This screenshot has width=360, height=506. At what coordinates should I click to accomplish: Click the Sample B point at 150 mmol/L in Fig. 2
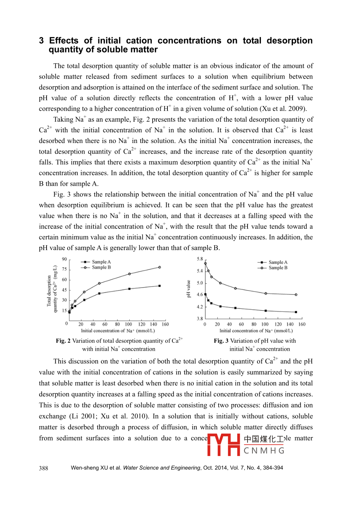159,267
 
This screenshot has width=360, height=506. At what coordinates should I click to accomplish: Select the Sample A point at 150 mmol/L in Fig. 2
159,286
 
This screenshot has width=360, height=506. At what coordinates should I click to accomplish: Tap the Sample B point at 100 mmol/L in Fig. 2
129,274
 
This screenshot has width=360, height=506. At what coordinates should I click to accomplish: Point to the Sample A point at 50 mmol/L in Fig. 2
99,293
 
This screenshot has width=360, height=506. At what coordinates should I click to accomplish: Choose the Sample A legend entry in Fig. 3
273,262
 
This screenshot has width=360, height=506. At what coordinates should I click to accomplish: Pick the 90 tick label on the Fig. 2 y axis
64,259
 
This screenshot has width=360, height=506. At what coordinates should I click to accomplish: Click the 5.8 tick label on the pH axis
200,259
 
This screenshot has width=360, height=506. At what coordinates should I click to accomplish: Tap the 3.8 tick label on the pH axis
200,318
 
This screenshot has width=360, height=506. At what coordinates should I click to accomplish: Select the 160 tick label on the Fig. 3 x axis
302,324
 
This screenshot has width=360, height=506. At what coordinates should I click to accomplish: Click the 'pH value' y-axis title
188,289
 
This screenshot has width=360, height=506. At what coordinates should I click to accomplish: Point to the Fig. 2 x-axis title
118,331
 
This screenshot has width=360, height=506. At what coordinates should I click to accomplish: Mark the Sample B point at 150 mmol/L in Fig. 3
296,294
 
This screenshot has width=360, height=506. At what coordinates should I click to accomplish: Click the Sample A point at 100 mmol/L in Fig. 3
266,311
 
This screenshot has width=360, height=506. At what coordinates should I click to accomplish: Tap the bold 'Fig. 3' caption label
221,341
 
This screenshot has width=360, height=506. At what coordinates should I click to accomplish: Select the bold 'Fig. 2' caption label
63,341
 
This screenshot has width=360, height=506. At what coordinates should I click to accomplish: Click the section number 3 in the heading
42,41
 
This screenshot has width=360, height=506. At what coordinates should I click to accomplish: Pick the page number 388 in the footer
43,468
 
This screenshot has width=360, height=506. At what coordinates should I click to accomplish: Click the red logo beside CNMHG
223,445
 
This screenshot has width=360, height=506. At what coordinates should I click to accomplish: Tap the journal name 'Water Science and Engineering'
161,468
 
